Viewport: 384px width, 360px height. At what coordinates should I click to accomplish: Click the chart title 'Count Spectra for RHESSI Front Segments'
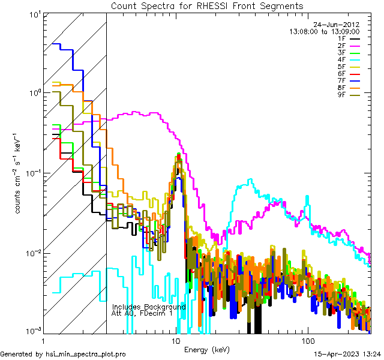pos(207,5)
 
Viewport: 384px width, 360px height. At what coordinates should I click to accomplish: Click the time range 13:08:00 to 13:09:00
pos(324,31)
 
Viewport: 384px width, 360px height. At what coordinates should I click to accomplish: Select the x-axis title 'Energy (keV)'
pos(207,349)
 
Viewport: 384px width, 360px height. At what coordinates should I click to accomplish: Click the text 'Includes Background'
pos(149,307)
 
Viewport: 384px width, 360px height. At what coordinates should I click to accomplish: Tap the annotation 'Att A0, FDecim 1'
pos(142,313)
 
